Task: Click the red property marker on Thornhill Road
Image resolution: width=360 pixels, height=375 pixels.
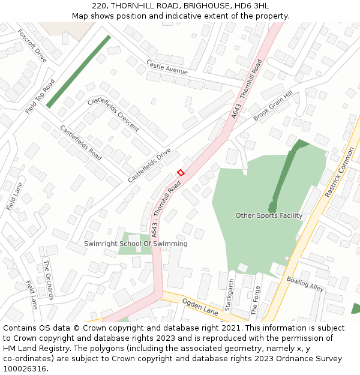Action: pos(181,173)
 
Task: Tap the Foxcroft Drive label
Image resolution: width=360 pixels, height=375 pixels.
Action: pos(32,46)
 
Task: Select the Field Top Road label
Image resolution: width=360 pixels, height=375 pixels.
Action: pos(40,96)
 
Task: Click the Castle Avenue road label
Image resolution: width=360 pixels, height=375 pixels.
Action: pos(167,67)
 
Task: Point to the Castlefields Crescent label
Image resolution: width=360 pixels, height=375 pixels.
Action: pos(113,114)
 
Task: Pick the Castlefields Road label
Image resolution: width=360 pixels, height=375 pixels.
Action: pos(80,143)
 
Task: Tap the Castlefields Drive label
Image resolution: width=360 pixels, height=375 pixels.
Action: pos(149,165)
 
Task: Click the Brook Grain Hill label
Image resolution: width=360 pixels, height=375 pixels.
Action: pos(272,106)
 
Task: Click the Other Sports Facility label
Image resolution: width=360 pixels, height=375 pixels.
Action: pos(269,215)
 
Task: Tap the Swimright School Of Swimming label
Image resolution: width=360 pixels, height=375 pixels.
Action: pos(136,244)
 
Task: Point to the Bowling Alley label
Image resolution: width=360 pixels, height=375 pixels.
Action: pos(305,284)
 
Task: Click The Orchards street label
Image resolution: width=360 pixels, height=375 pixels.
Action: pos(49,280)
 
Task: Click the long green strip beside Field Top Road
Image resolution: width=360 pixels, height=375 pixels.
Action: pos(79,71)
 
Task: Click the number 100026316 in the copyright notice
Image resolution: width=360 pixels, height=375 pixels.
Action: pos(25,369)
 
